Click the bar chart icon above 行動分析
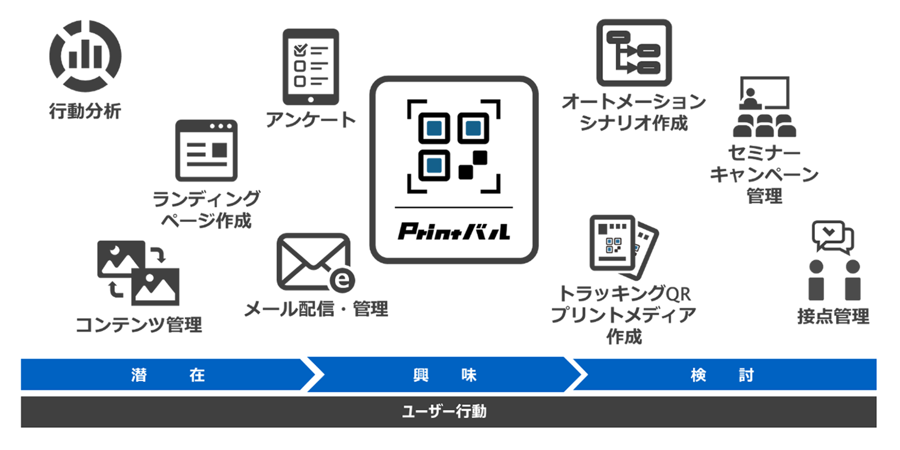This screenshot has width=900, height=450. pos(85,56)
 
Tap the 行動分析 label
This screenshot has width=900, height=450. pos(85,111)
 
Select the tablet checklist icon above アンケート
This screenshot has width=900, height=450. pos(310,67)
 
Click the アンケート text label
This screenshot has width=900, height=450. pos(310,119)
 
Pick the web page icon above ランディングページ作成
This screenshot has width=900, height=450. pos(206,151)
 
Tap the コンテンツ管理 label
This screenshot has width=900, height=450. pos(139,325)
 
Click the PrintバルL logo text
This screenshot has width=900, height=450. pos(453,231)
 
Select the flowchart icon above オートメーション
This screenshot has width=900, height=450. pos(634,53)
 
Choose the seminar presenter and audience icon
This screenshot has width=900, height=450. pos(764,106)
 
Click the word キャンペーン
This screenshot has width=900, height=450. pos(764,175)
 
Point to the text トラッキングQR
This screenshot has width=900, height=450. pos(624,294)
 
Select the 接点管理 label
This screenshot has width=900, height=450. pos(833,316)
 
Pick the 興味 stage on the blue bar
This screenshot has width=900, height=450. pos(444,375)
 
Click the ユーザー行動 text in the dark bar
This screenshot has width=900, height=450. pos(444,411)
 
